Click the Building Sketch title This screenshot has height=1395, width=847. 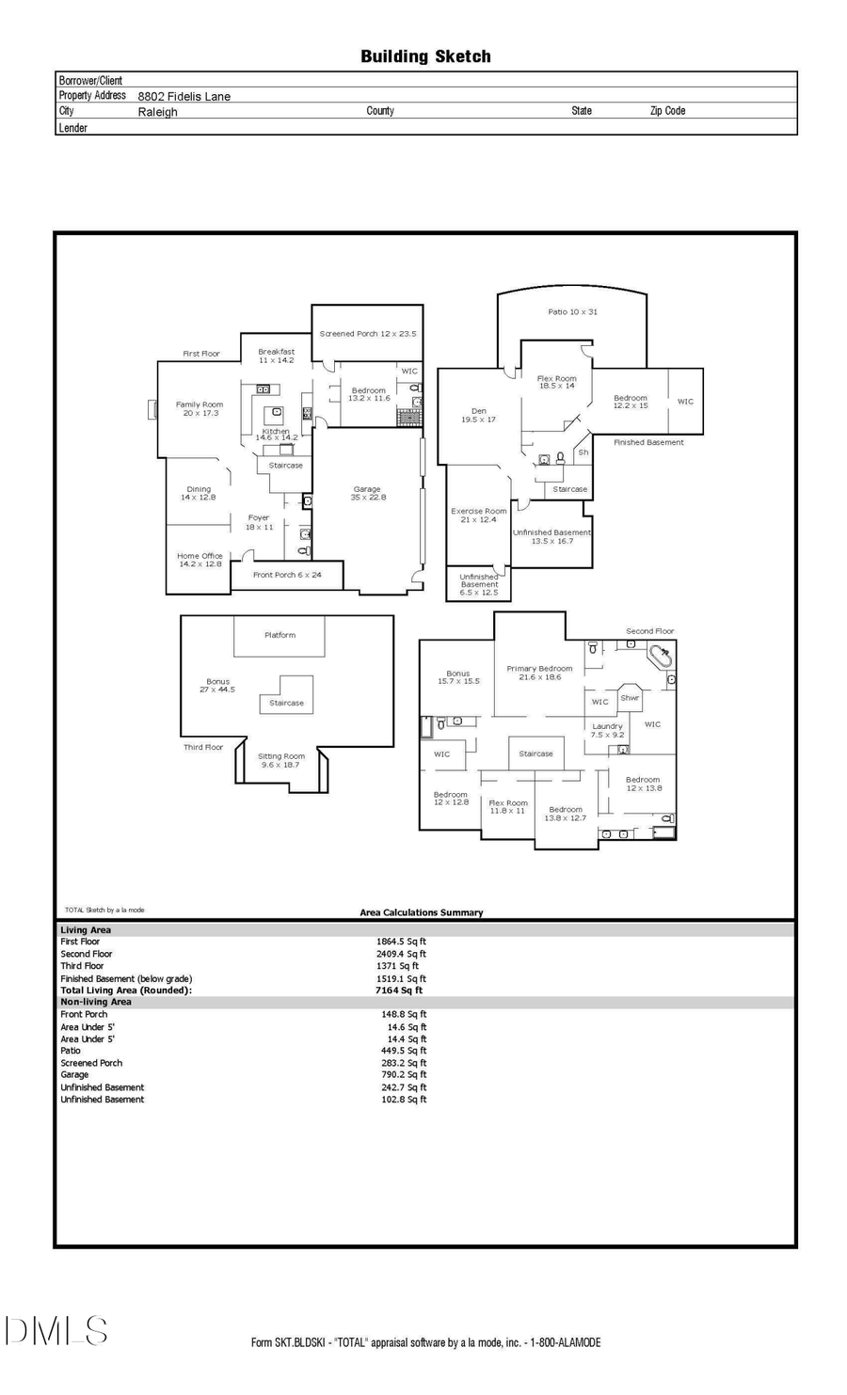tap(425, 56)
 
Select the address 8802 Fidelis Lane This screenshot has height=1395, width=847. tap(184, 96)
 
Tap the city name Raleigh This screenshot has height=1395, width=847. tap(157, 111)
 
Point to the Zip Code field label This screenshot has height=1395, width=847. tap(667, 111)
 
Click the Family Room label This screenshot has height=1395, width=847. tap(200, 408)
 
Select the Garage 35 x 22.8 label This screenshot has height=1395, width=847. tap(367, 493)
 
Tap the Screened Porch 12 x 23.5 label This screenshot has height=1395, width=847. tap(367, 334)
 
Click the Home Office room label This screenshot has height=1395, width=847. tap(200, 560)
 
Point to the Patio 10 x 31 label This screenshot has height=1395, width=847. tap(572, 311)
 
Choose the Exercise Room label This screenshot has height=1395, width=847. tap(479, 515)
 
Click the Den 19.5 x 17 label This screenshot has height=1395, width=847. tap(479, 415)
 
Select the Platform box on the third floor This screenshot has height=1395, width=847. tap(280, 636)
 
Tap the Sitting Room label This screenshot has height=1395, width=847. tap(281, 760)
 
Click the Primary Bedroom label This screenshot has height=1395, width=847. tap(539, 673)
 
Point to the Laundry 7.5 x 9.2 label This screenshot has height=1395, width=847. tap(607, 730)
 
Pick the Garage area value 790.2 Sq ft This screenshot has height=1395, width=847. tap(404, 1075)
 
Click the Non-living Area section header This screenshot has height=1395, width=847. tap(96, 1003)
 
